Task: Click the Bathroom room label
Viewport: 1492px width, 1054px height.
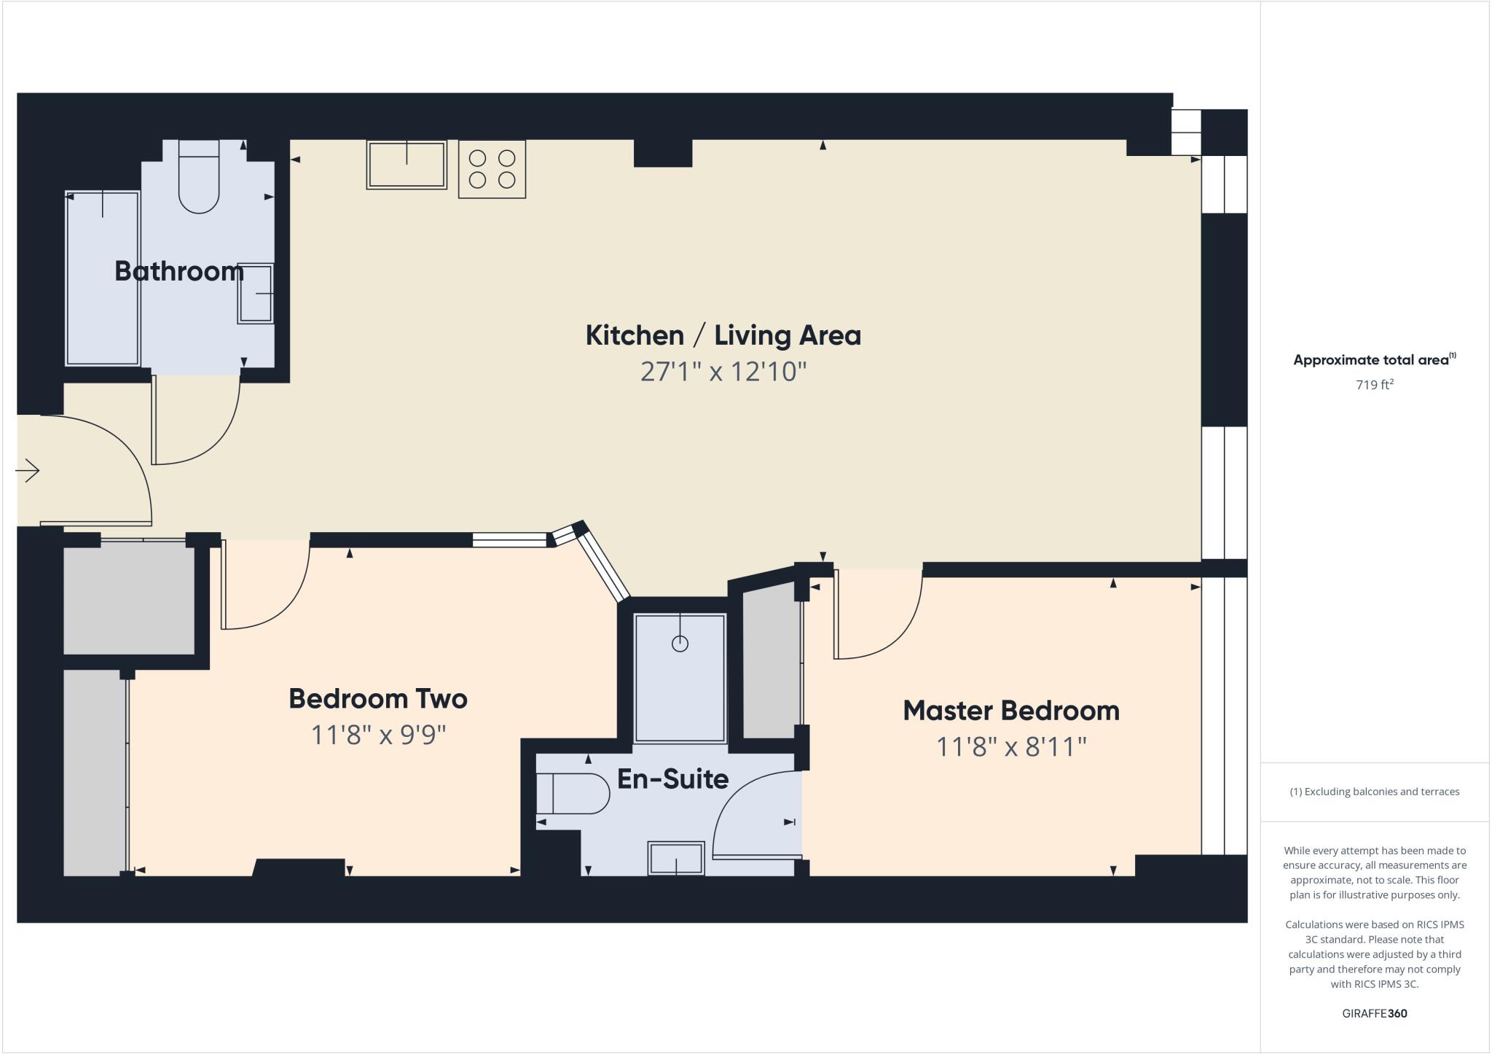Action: tap(179, 271)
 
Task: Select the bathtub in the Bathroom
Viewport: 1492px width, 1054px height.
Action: tap(102, 278)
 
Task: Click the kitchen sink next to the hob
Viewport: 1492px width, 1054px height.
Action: tap(407, 165)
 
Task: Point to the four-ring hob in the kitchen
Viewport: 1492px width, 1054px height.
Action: tap(492, 169)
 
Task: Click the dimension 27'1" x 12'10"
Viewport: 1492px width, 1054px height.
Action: tap(723, 372)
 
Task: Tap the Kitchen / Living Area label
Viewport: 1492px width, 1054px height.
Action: tap(723, 335)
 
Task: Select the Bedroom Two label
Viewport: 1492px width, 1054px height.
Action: tap(378, 698)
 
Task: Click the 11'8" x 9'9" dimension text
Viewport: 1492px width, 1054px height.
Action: tap(378, 735)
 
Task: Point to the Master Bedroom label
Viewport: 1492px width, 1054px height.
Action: tap(1011, 711)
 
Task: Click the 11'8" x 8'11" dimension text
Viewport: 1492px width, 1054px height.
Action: tap(1011, 747)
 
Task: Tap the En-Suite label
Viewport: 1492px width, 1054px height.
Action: tap(672, 779)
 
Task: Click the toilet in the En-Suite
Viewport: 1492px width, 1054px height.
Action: tap(573, 794)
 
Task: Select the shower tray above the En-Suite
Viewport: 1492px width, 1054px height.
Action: tap(680, 678)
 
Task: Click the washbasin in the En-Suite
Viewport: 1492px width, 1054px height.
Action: tap(676, 858)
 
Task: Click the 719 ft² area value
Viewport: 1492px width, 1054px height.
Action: tap(1374, 385)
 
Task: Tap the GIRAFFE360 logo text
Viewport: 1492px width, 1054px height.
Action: tap(1374, 1013)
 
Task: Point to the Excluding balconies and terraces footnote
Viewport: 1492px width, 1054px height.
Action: tap(1374, 792)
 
